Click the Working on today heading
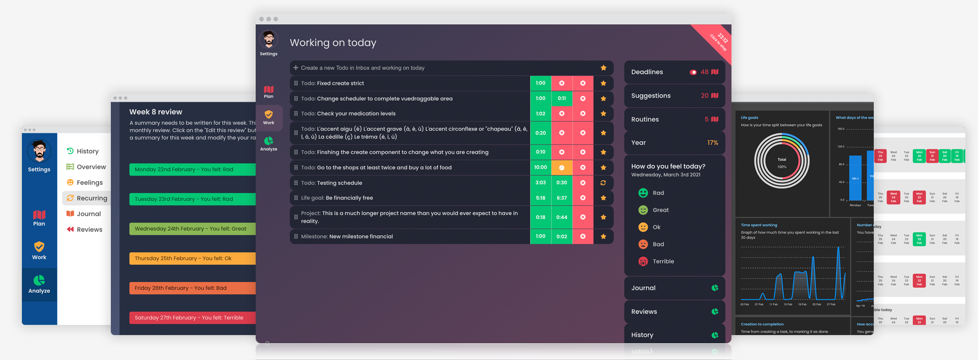click(x=333, y=43)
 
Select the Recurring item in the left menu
click(x=91, y=198)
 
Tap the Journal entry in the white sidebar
click(x=88, y=214)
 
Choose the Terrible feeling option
click(x=663, y=261)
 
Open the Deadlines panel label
click(x=647, y=72)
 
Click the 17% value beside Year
click(x=713, y=143)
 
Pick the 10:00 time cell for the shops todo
click(x=540, y=167)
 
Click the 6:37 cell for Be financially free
click(x=562, y=198)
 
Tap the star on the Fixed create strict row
click(x=603, y=83)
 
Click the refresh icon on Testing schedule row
click(x=603, y=183)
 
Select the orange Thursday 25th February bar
click(x=192, y=258)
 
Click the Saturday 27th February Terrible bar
click(x=192, y=318)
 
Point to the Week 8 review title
click(x=156, y=112)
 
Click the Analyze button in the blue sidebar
click(x=39, y=284)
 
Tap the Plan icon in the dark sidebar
click(x=268, y=92)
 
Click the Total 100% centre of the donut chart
click(x=782, y=163)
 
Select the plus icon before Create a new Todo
click(x=296, y=68)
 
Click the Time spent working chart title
click(x=759, y=225)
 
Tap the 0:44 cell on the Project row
click(x=562, y=217)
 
